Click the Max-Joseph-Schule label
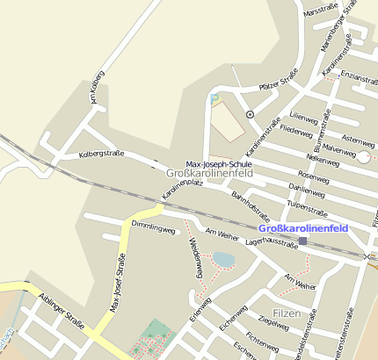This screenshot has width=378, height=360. (220, 164)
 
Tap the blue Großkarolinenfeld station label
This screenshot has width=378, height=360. (303, 228)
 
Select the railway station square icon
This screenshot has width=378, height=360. (302, 241)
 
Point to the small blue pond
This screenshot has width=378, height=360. (224, 260)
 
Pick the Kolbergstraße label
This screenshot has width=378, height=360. (101, 154)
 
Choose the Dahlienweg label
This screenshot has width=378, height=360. (307, 189)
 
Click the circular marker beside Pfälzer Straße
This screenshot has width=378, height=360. (250, 114)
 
